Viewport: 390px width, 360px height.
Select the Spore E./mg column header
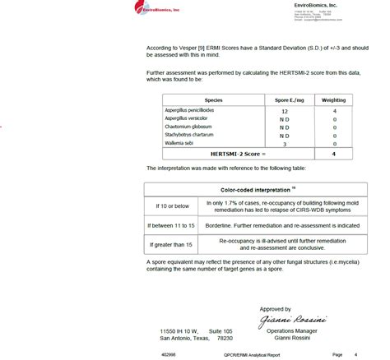(x=285, y=99)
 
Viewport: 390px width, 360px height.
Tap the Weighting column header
(x=334, y=99)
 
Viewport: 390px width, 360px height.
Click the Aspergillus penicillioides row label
(x=194, y=110)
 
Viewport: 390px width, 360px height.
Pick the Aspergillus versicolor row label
(x=189, y=118)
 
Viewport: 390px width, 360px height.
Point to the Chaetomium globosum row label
(x=189, y=127)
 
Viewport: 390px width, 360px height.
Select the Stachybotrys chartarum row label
(x=191, y=135)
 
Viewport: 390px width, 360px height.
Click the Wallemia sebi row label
(x=179, y=143)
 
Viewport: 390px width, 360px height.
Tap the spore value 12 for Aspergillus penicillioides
(x=285, y=110)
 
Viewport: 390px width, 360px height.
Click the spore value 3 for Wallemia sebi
(x=285, y=143)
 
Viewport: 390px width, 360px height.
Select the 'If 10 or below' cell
(x=167, y=204)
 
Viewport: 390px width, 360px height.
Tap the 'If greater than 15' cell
(x=170, y=244)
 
